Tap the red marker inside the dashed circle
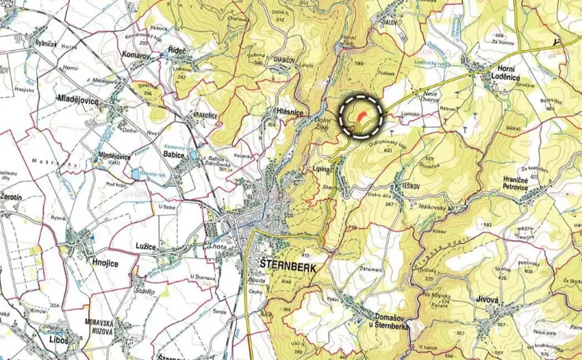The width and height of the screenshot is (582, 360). pyautogui.click(x=360, y=115)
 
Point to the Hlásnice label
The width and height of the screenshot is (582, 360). pyautogui.click(x=288, y=112)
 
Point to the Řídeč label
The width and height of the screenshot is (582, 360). pyautogui.click(x=179, y=51)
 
